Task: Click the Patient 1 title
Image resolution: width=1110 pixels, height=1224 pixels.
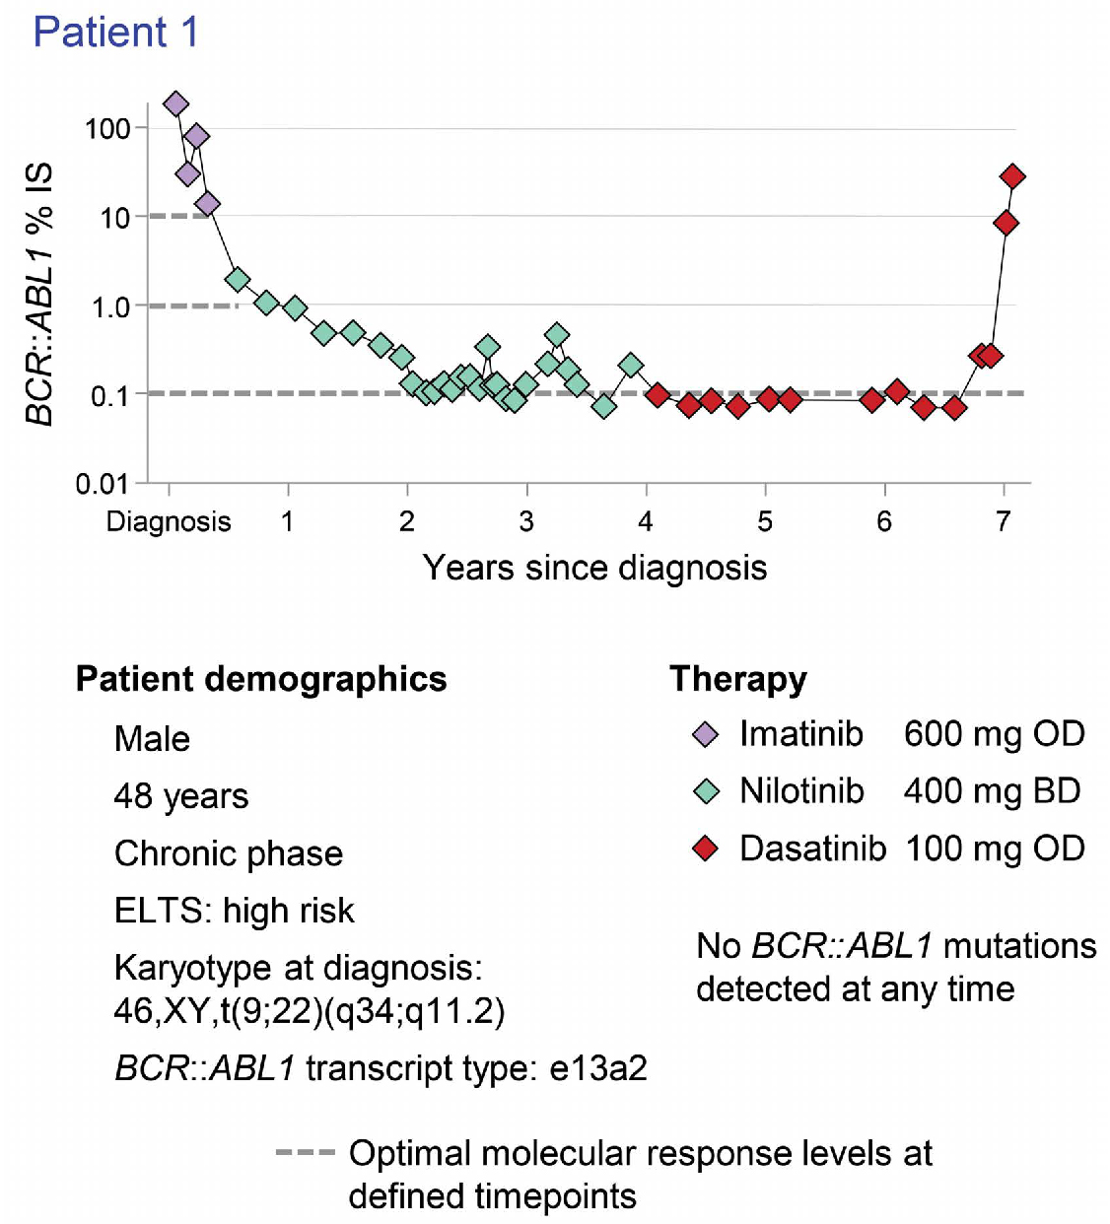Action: [x=116, y=33]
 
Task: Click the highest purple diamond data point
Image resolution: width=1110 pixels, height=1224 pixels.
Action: [x=175, y=103]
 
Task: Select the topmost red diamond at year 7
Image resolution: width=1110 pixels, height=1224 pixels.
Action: [x=1012, y=176]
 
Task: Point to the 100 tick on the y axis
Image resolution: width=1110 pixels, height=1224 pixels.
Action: [x=107, y=128]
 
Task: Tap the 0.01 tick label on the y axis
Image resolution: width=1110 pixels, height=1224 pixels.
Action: [x=103, y=484]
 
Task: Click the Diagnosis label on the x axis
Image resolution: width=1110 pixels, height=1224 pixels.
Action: [x=169, y=521]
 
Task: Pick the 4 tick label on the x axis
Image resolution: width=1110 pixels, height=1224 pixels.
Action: [x=646, y=521]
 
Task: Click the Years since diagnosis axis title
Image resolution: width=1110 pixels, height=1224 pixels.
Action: [x=594, y=568]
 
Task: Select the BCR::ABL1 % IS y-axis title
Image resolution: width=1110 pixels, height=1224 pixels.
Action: [x=38, y=294]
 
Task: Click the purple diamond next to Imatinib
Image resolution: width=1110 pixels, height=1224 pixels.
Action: [x=706, y=734]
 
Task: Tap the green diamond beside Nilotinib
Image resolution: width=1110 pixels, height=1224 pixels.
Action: [x=706, y=791]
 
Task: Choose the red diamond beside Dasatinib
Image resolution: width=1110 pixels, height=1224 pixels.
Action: [x=706, y=849]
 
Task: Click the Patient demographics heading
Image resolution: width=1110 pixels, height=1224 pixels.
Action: [x=261, y=679]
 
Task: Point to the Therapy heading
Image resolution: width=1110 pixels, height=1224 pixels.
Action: [x=738, y=679]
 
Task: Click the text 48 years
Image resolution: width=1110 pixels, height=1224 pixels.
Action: [x=181, y=796]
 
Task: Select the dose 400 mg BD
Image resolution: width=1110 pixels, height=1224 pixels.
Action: [x=993, y=791]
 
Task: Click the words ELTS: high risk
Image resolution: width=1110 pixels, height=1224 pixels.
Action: [x=234, y=911]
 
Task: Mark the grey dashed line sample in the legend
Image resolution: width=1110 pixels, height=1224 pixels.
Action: [x=306, y=1152]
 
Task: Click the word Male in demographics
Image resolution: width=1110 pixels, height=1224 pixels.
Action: [x=152, y=739]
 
